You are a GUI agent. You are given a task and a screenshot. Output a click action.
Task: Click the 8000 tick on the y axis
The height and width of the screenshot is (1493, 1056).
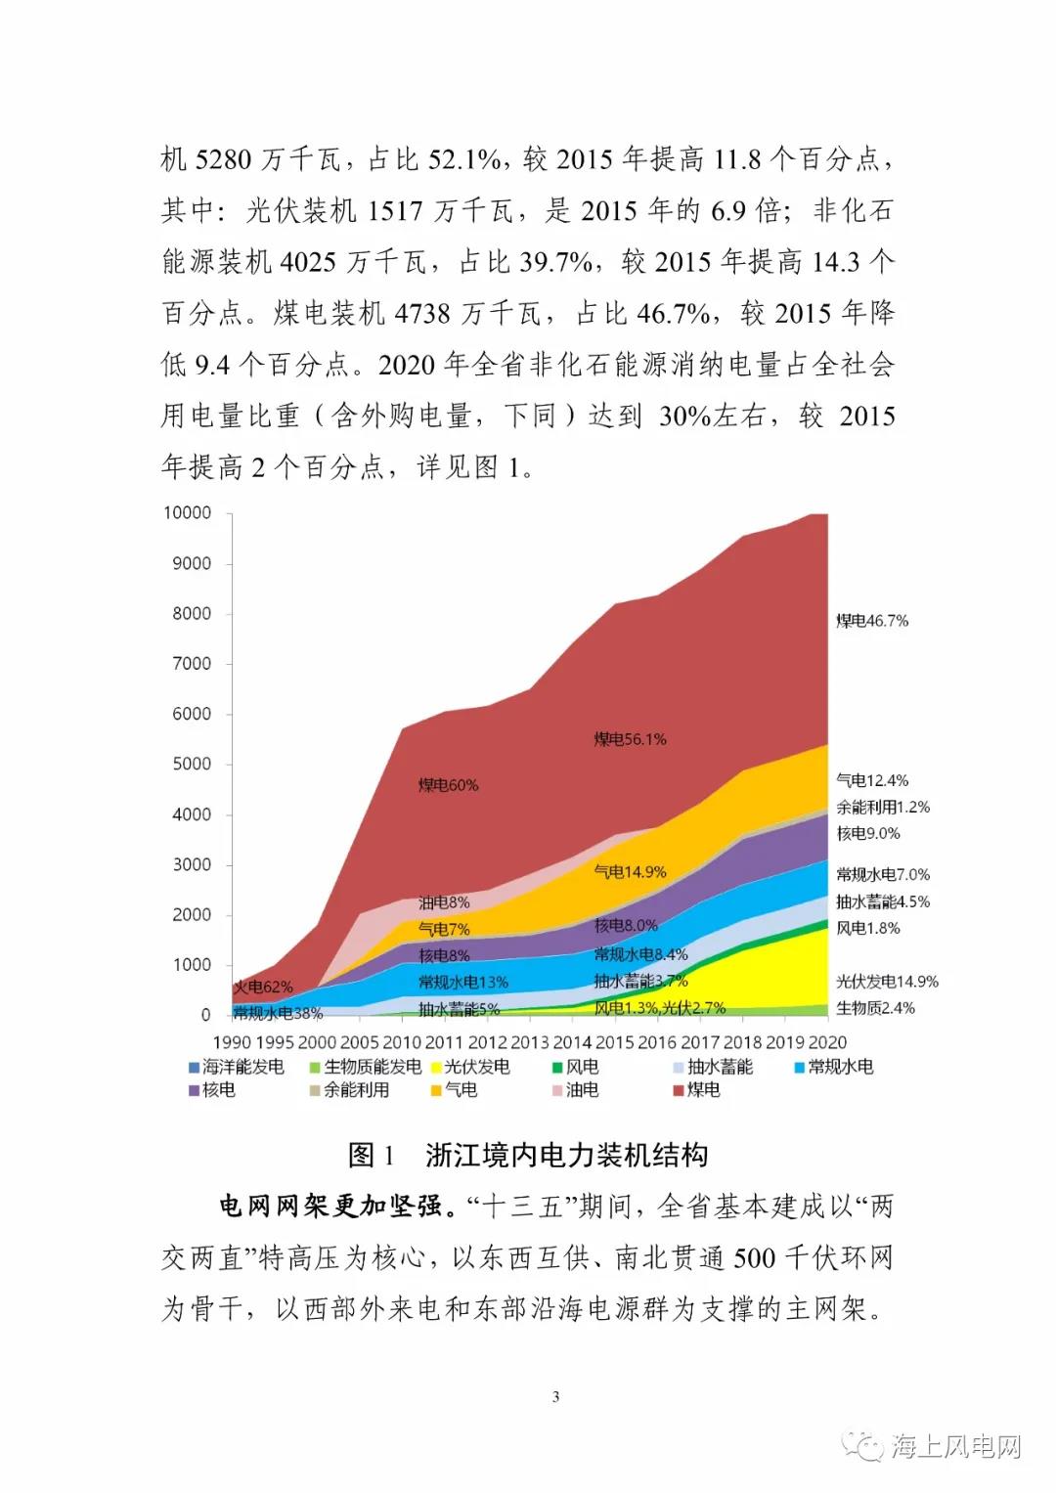click(x=192, y=613)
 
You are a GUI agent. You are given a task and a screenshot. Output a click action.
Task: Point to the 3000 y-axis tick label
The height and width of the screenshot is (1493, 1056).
click(x=192, y=864)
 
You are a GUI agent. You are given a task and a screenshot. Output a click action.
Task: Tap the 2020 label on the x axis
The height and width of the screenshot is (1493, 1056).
click(x=827, y=1042)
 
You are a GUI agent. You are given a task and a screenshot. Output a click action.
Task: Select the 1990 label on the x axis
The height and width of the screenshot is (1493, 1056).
click(x=232, y=1042)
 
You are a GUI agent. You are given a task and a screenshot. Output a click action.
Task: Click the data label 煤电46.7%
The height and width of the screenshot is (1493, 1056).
click(x=871, y=621)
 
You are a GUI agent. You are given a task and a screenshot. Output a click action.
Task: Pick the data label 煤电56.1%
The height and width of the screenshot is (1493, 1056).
click(x=630, y=739)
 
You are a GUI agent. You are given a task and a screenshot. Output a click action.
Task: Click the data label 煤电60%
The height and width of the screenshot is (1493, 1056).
click(x=448, y=785)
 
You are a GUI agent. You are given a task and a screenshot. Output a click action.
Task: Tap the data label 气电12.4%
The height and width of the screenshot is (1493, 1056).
click(x=871, y=780)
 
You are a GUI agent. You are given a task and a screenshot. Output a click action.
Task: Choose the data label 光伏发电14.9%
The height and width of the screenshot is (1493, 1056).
click(x=886, y=981)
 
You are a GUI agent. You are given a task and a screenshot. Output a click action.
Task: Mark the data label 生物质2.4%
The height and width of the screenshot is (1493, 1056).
click(x=875, y=1007)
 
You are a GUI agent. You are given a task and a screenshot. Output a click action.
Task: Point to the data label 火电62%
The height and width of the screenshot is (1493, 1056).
click(x=262, y=988)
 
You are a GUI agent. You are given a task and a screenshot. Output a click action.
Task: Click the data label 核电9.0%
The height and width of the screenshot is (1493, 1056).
click(x=867, y=833)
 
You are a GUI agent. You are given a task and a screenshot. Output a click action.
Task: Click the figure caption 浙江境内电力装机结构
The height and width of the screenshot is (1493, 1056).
click(x=566, y=1155)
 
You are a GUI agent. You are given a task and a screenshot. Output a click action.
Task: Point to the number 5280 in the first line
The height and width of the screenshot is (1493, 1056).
click(x=223, y=158)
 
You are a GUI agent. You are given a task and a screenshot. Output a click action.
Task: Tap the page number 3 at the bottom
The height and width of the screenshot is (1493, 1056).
click(x=555, y=1396)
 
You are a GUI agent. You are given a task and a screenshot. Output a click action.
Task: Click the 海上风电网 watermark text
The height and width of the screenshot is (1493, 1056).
click(x=955, y=1446)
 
